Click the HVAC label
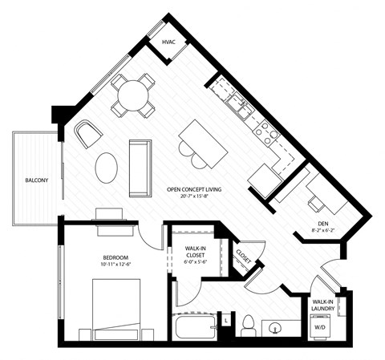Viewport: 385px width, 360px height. (168, 41)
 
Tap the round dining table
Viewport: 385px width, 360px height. (132, 95)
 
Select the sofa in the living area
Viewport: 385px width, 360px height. (140, 167)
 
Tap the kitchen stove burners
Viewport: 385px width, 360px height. (262, 128)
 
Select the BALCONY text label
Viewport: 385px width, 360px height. (36, 180)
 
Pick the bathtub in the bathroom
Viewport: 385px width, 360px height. (194, 328)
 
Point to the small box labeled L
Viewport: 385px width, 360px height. (226, 320)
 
